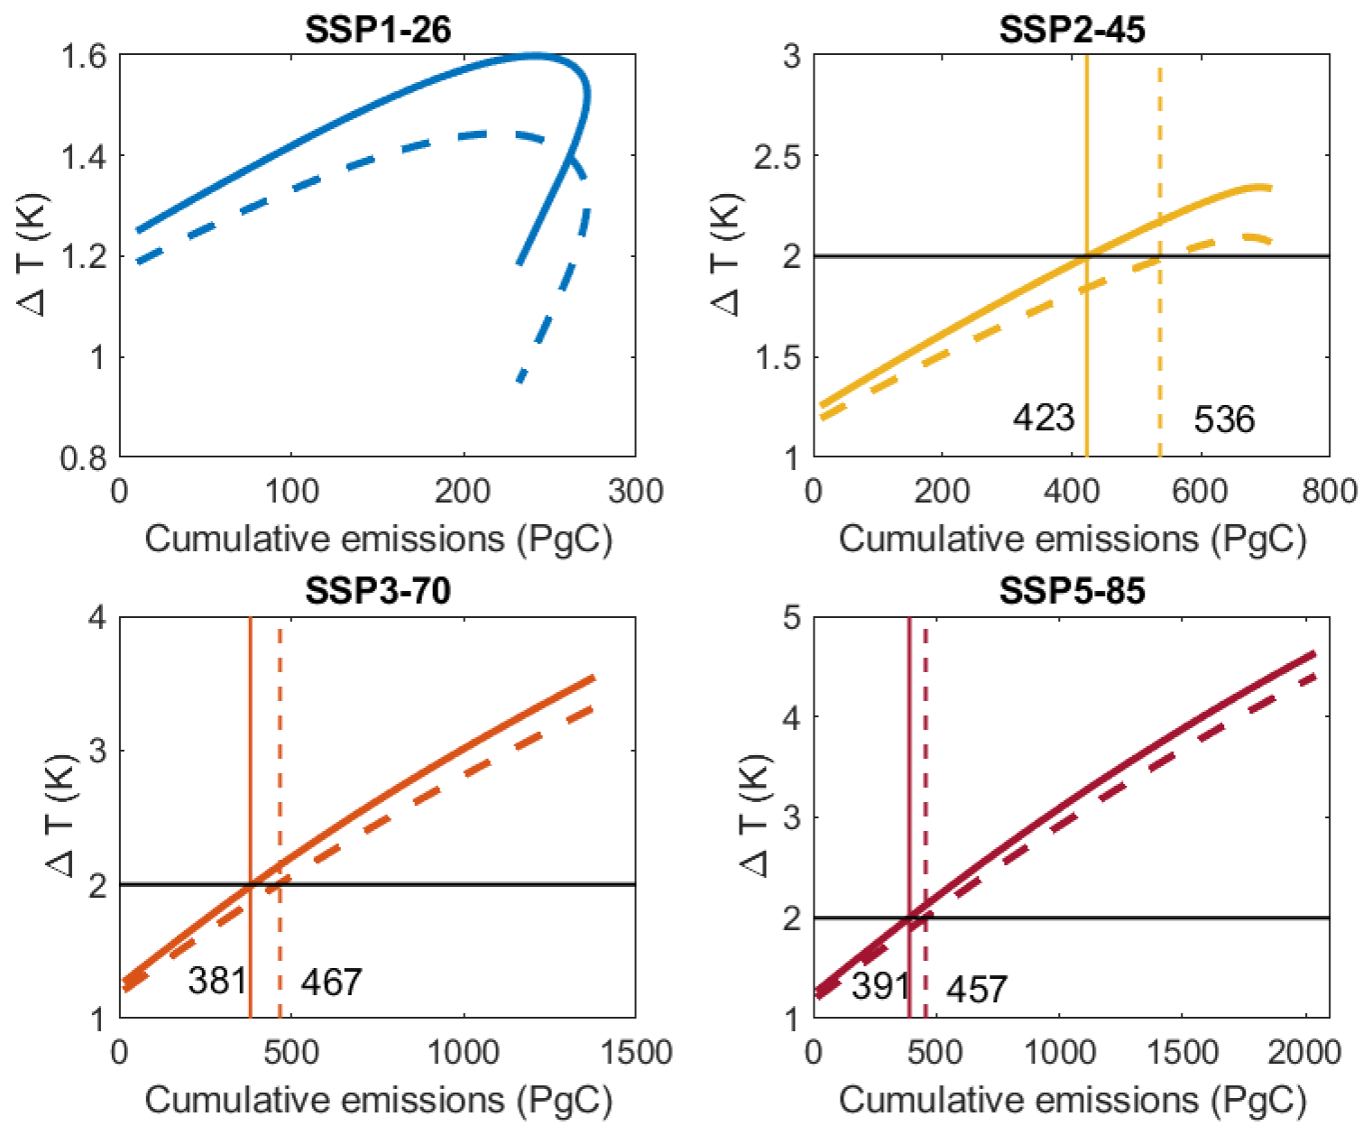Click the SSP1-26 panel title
[x=377, y=29]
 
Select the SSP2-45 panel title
[x=1072, y=29]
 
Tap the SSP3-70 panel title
[x=377, y=591]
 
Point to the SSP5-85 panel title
[x=1072, y=591]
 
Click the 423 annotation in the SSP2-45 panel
[x=1044, y=418]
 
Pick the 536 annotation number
[x=1224, y=420]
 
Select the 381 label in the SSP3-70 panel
[x=217, y=980]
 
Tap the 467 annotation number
[x=331, y=982]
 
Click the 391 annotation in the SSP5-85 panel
[x=880, y=986]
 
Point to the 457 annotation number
[x=977, y=990]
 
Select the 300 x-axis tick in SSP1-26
[x=635, y=492]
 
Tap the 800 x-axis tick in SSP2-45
[x=1330, y=492]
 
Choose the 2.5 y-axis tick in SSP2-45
[x=778, y=156]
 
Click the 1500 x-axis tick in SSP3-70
[x=635, y=1053]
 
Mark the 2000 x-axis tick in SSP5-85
[x=1304, y=1053]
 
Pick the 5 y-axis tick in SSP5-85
[x=791, y=618]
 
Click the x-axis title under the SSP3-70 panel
[x=378, y=1100]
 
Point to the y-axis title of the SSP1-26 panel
[x=33, y=255]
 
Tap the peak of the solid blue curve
[x=532, y=56]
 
